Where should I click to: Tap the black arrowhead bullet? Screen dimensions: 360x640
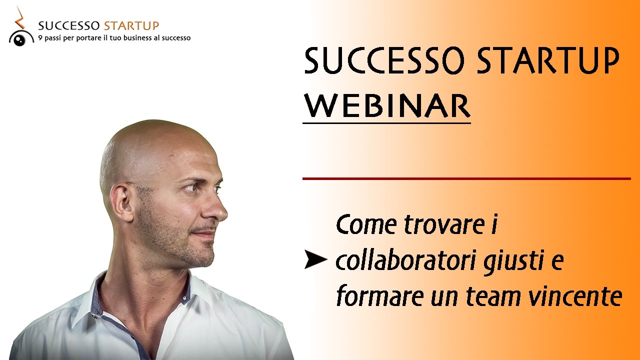[x=315, y=260]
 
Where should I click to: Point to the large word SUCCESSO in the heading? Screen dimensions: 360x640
[x=386, y=62]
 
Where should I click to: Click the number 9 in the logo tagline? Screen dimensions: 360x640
[x=40, y=38]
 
